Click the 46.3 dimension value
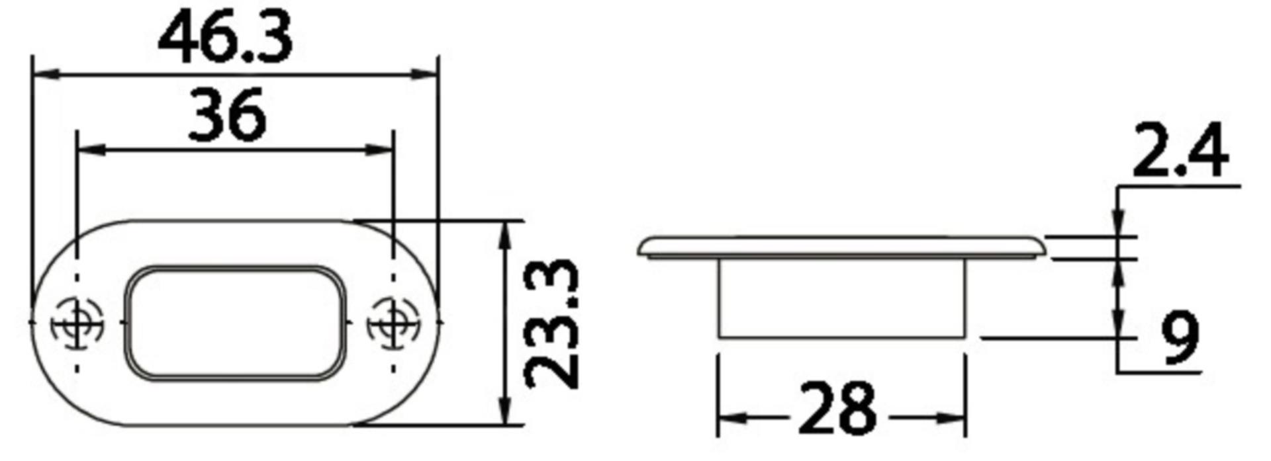point(225,40)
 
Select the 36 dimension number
point(227,116)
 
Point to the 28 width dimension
point(837,408)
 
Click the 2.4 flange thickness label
point(1180,153)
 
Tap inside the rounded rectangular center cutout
point(235,323)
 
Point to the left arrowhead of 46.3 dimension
point(44,75)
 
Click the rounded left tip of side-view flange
point(643,249)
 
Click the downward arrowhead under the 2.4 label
point(1118,225)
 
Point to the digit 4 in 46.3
point(180,40)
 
